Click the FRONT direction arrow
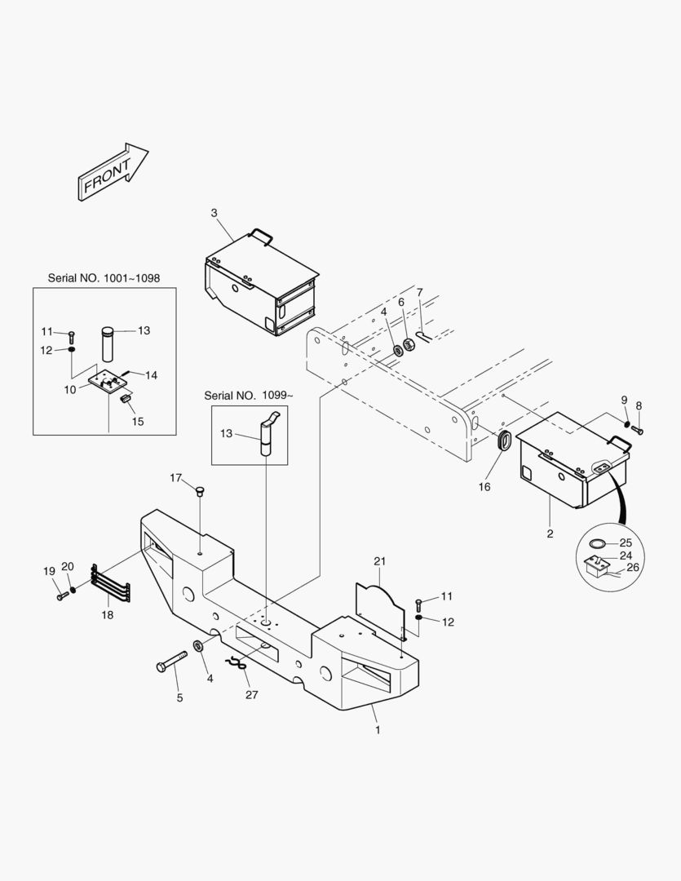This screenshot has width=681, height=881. click(113, 173)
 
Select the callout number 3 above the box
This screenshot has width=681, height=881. click(214, 213)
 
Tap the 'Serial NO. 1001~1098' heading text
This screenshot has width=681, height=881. click(104, 278)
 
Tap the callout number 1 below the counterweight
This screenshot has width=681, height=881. click(378, 730)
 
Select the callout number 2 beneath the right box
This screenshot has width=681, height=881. click(550, 533)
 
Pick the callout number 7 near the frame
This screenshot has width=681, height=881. click(419, 292)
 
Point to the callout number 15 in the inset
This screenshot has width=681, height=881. click(138, 422)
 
